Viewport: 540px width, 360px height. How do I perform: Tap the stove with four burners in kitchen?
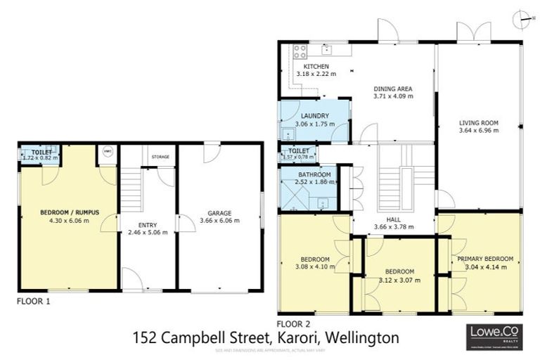click(x=298, y=51)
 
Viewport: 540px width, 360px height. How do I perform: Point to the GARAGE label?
click(x=219, y=212)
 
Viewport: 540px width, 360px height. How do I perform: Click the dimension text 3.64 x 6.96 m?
click(x=478, y=130)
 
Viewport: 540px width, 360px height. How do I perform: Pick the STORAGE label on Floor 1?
click(x=160, y=157)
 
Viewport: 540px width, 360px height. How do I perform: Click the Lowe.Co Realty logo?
click(x=495, y=334)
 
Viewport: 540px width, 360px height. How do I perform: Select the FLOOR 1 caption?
click(x=34, y=300)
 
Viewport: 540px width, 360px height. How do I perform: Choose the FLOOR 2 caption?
click(x=294, y=323)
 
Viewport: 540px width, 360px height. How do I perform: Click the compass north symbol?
click(x=519, y=18)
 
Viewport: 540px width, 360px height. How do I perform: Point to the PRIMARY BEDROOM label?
click(x=485, y=258)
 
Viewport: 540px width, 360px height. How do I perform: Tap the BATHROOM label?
click(x=314, y=174)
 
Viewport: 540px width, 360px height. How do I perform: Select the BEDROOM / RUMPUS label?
click(x=69, y=212)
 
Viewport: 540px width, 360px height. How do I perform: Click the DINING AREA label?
click(x=392, y=89)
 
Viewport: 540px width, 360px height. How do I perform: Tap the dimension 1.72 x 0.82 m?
click(x=39, y=157)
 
